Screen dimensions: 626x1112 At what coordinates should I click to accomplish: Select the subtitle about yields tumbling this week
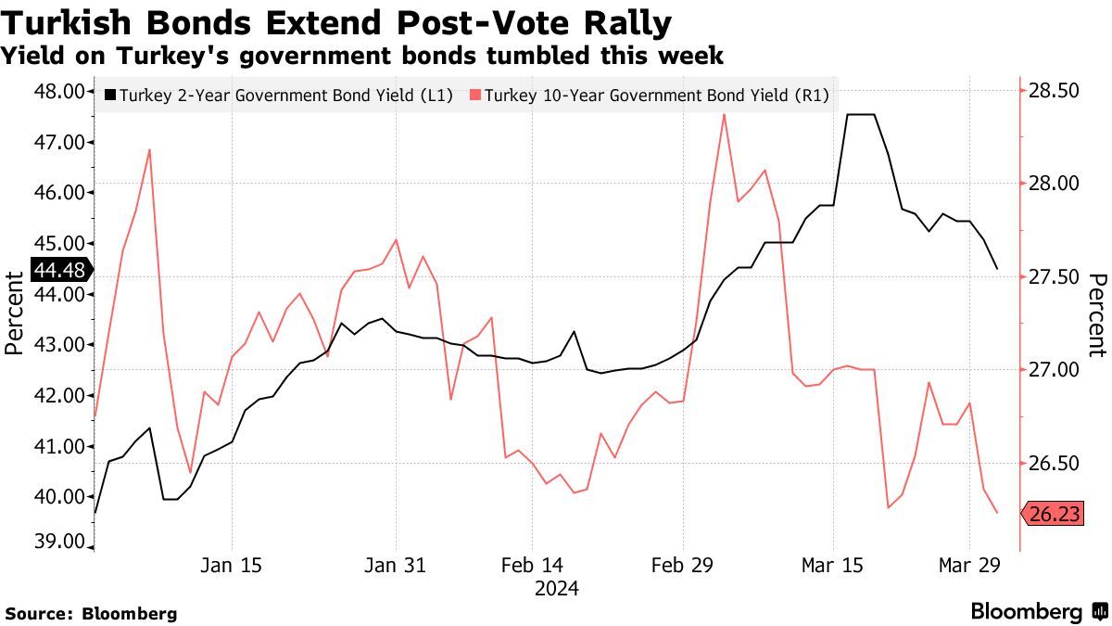[x=362, y=57]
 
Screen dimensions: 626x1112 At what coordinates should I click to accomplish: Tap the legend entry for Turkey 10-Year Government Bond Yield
[x=649, y=94]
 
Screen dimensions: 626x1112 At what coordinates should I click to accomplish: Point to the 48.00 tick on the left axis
[x=59, y=91]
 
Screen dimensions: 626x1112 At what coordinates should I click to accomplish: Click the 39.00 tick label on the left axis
[x=59, y=543]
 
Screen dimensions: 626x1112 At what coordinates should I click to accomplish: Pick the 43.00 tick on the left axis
[x=59, y=344]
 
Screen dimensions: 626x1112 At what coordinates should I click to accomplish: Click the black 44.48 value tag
[x=58, y=270]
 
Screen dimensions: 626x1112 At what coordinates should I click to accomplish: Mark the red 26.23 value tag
[x=1054, y=514]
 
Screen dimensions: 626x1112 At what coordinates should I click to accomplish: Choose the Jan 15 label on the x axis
[x=231, y=565]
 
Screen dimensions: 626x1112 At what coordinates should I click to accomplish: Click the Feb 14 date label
[x=532, y=565]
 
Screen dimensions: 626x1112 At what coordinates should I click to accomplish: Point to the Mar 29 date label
[x=968, y=565]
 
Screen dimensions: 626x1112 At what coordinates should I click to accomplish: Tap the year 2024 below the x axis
[x=556, y=588]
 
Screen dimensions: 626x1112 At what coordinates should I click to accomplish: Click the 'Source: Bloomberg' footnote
[x=91, y=613]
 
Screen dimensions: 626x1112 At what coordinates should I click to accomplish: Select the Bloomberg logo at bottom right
[x=1038, y=611]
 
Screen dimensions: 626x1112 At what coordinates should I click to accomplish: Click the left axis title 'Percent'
[x=14, y=313]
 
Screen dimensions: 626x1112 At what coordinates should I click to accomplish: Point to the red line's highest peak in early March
[x=724, y=114]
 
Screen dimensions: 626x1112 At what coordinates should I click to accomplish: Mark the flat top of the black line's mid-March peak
[x=861, y=115]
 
